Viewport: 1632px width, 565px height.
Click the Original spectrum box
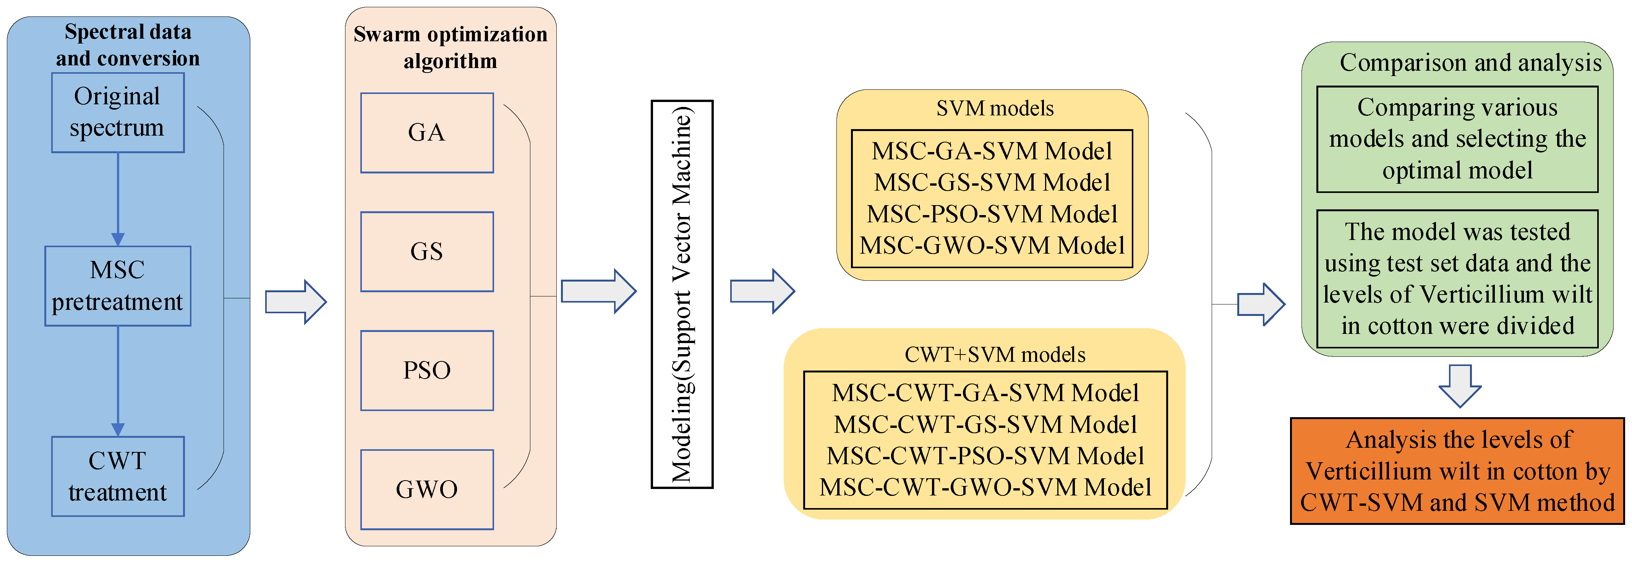118,113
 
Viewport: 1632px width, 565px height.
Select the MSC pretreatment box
118,286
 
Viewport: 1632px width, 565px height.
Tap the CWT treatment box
118,476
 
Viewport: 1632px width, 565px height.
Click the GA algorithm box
426,133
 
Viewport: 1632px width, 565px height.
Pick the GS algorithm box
426,251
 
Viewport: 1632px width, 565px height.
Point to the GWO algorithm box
426,489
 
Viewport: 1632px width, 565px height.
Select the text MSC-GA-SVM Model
992,151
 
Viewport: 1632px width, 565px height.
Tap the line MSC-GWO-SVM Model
992,246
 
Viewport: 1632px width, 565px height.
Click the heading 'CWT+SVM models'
995,355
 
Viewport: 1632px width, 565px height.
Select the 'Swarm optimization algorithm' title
451,47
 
